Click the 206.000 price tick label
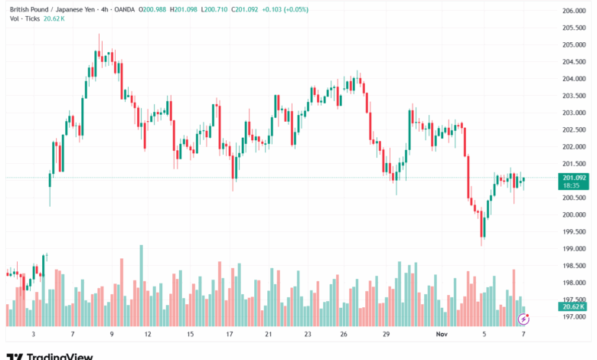pos(573,11)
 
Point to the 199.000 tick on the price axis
pos(573,249)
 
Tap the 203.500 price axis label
pos(573,96)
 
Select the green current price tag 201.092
pos(573,178)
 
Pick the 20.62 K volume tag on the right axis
pos(573,306)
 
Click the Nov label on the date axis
pos(441,335)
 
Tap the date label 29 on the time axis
pos(387,335)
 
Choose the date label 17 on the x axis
pos(229,335)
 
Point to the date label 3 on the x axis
pos(34,335)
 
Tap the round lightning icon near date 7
pos(524,318)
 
